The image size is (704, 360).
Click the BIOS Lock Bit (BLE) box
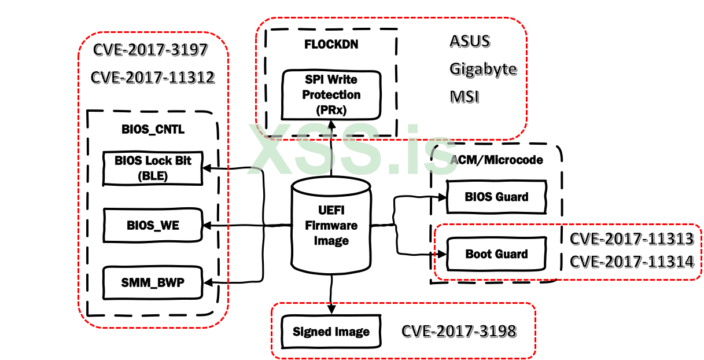153,168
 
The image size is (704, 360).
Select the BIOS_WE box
153,225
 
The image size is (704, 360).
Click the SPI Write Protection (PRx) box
331,94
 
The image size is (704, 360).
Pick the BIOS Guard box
496,197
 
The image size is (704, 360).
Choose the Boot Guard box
496,254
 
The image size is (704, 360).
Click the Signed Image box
331,332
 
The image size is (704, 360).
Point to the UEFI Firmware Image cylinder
331,226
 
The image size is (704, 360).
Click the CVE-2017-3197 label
150,50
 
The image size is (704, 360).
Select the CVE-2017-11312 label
153,78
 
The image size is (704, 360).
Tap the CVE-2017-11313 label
632,238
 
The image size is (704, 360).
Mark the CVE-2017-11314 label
632,262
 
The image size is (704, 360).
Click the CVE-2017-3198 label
459,331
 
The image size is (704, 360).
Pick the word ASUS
470,42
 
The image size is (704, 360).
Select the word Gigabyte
483,69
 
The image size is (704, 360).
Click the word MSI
465,96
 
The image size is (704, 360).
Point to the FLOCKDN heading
331,45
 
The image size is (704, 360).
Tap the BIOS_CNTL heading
153,130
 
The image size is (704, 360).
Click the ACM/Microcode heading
496,159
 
